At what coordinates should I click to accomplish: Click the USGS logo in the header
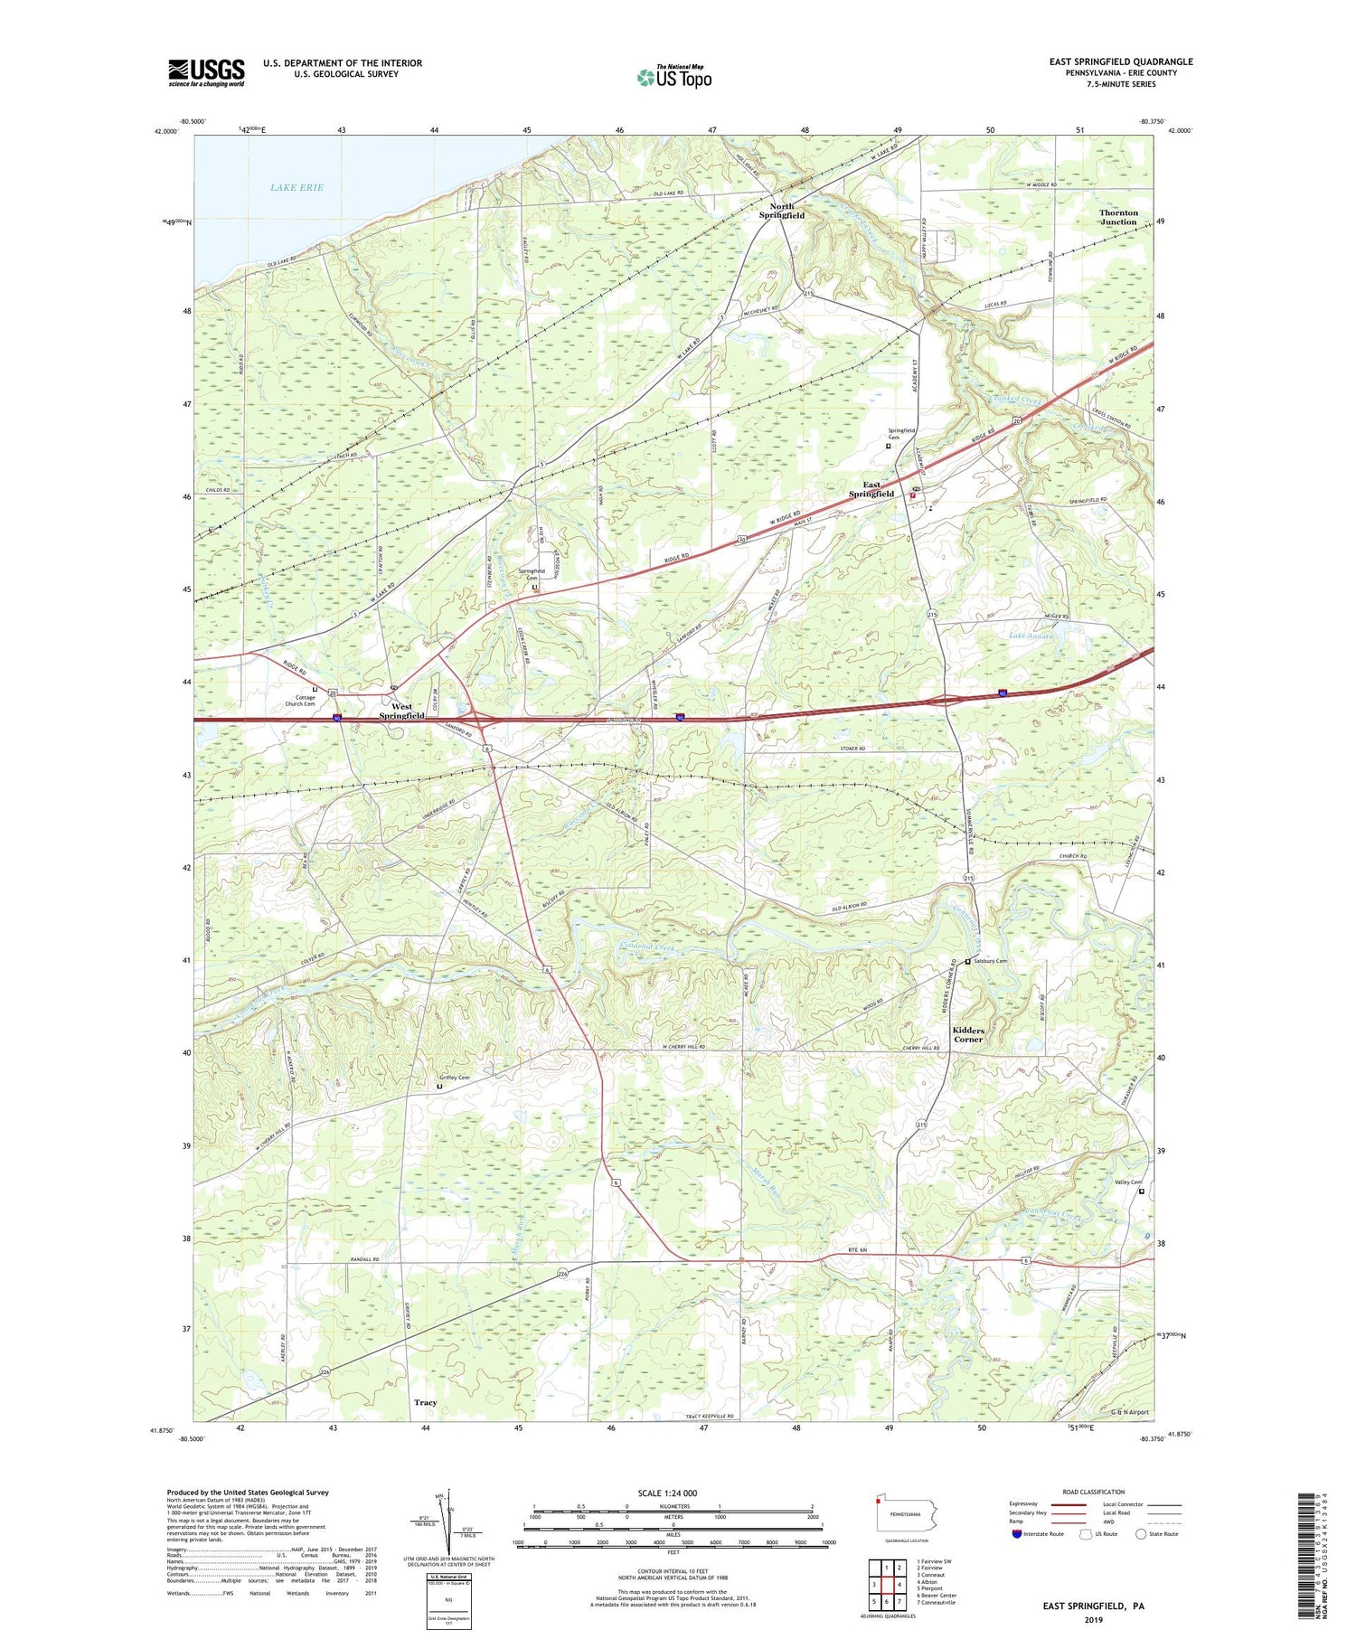click(206, 72)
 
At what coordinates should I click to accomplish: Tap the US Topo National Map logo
click(673, 77)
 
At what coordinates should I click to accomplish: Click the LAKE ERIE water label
click(297, 187)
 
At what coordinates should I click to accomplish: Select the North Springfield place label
click(782, 211)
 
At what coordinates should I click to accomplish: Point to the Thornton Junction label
click(1118, 217)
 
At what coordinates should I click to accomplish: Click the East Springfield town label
click(871, 489)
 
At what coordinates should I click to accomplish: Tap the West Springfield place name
click(401, 711)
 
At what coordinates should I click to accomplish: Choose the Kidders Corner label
click(967, 1034)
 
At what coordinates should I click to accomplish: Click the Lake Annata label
click(1031, 636)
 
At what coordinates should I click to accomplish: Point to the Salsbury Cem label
click(991, 961)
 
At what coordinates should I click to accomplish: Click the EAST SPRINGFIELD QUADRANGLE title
click(1120, 61)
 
